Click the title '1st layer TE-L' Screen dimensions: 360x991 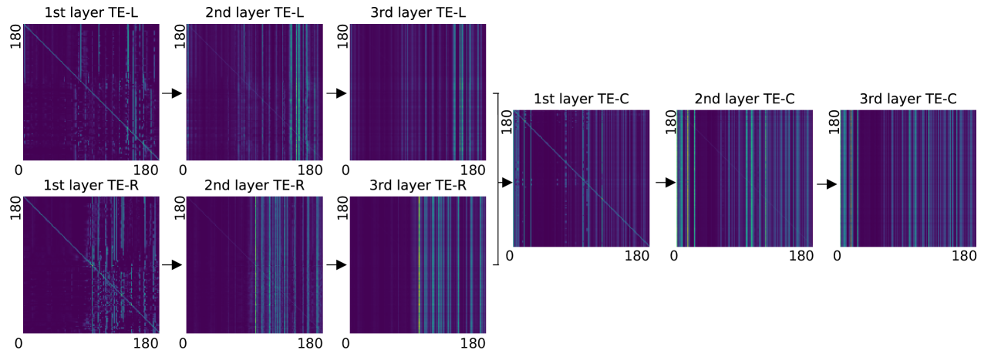(90, 12)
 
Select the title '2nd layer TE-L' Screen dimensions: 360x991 (254, 12)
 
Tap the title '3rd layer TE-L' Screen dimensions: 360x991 (418, 12)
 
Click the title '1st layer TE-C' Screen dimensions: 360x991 (581, 99)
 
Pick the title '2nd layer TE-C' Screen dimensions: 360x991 (745, 99)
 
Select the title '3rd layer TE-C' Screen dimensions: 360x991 (908, 99)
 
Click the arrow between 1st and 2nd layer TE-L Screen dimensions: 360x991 (172, 93)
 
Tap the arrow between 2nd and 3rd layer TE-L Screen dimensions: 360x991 (336, 93)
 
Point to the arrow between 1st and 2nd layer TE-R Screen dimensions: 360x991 (172, 265)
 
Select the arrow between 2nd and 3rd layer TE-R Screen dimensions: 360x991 (336, 265)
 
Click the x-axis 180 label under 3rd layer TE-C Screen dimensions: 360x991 (965, 256)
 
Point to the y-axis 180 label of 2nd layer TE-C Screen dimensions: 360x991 (669, 121)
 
